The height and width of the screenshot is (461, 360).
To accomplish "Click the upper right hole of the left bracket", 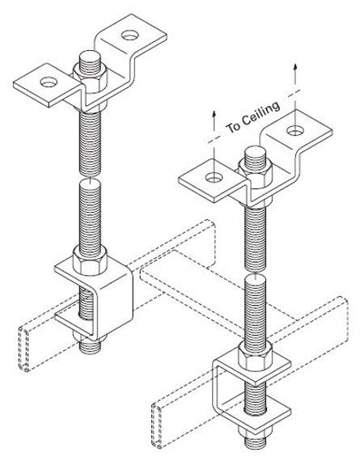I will point(129,36).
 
